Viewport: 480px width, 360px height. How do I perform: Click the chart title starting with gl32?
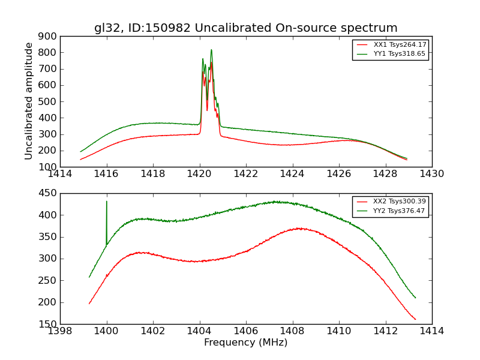[245, 28]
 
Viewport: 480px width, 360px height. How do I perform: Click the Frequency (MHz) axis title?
[245, 343]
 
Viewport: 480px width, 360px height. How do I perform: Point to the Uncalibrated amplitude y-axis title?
[29, 101]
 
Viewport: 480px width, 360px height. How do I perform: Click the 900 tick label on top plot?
[48, 36]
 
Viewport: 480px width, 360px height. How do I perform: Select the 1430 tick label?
[431, 174]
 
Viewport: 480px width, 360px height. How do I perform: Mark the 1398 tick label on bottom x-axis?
[60, 331]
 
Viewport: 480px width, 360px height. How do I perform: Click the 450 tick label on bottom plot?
[48, 193]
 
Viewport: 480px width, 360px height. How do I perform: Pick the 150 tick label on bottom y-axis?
[48, 324]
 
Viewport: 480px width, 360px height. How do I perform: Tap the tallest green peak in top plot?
[211, 50]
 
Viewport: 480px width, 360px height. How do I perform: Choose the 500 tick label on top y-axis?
[48, 101]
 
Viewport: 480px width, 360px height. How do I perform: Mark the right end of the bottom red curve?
[415, 319]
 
